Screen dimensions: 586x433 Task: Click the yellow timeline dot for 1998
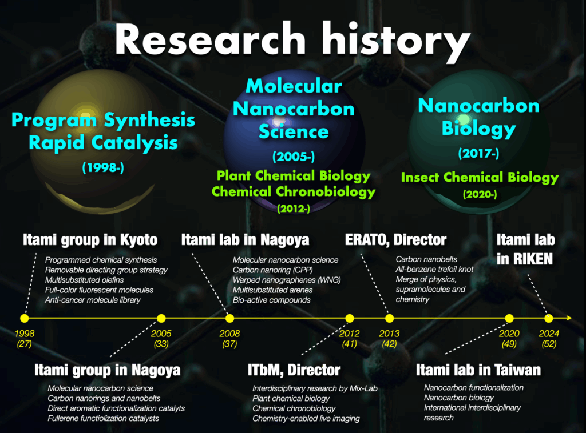24,318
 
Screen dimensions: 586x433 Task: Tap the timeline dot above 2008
230,318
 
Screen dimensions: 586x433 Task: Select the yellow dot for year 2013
389,318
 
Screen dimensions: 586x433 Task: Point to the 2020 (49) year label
509,339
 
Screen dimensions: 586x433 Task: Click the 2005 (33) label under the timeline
161,339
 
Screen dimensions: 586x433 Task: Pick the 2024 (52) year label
549,339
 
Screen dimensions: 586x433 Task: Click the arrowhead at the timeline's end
569,318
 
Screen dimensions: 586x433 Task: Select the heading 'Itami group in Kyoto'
90,240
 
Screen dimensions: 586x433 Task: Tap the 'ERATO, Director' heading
396,240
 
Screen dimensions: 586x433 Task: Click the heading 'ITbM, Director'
294,370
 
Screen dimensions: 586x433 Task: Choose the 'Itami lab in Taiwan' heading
478,370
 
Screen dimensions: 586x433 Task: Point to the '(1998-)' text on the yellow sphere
103,167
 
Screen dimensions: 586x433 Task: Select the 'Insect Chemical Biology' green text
480,178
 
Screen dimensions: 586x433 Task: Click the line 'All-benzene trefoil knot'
434,269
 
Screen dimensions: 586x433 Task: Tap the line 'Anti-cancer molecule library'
93,300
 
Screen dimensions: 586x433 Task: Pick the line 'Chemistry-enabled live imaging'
306,419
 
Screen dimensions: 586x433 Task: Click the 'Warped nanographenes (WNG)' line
287,280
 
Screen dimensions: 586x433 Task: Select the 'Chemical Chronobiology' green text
294,192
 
